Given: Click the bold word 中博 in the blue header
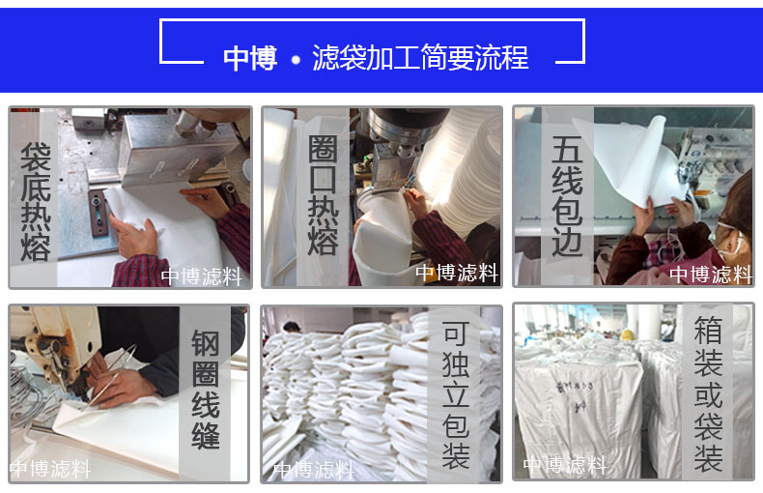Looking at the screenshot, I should coord(250,58).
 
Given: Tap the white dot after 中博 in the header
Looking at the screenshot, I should coord(297,60).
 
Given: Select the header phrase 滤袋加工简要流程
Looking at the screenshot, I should coord(420,58).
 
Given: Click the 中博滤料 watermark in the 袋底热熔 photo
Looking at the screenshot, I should coord(201,276).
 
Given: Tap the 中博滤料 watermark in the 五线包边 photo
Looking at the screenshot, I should coord(710,275).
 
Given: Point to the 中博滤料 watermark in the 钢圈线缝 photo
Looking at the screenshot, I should coord(50,469).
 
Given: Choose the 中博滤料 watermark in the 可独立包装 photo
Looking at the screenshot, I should coord(313,470).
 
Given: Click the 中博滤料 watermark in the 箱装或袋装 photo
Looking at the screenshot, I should coord(565,467).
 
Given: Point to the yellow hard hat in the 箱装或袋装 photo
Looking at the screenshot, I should coord(627,334).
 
